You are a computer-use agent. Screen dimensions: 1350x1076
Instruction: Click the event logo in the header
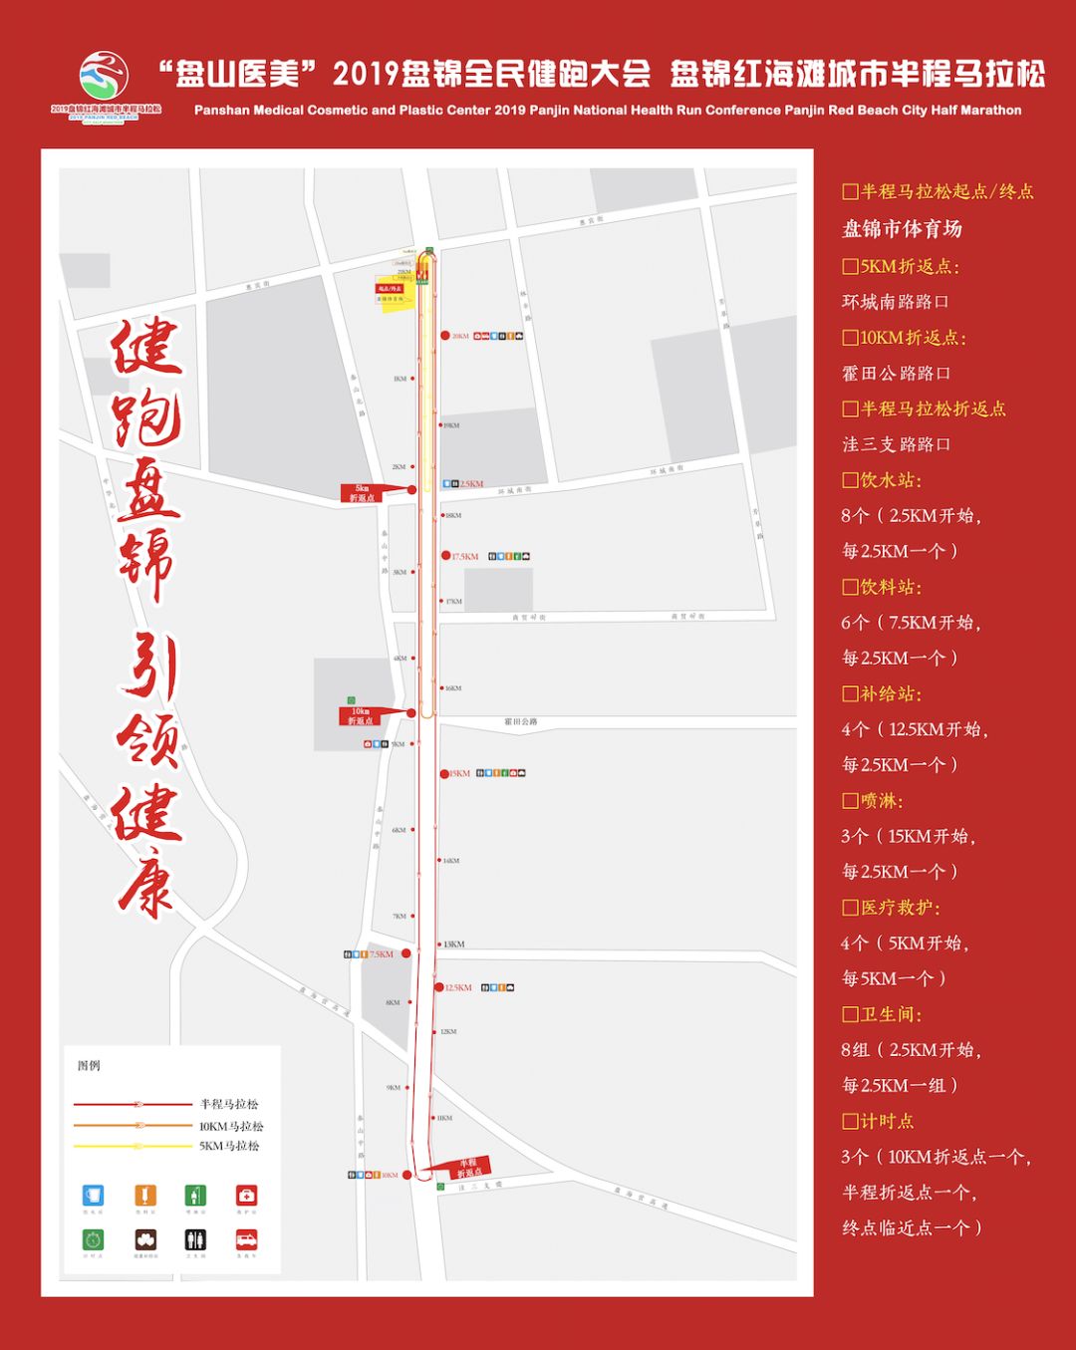point(105,85)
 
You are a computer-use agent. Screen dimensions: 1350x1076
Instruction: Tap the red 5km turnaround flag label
point(363,493)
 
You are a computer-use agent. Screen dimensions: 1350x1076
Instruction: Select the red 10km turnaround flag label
point(361,715)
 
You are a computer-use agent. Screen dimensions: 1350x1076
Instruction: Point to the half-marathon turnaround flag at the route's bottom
point(467,1168)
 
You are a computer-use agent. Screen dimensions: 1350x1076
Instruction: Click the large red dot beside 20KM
point(445,336)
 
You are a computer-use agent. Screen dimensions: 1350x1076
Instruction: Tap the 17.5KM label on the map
point(465,556)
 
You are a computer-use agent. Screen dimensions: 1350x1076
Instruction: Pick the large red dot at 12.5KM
point(439,987)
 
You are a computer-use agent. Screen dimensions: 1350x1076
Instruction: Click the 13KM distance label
point(454,944)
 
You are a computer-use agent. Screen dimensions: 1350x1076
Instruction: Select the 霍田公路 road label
point(520,721)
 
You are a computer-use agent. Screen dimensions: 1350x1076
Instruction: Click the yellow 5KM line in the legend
point(134,1146)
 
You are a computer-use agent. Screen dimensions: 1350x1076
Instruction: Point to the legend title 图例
point(89,1065)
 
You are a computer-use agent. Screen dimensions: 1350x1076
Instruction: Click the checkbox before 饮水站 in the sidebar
point(850,480)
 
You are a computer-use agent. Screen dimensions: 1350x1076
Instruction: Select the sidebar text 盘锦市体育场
point(902,229)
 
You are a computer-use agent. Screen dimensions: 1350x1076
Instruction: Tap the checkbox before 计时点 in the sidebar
point(850,1121)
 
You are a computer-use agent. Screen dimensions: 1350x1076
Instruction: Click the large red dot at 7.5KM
point(405,953)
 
